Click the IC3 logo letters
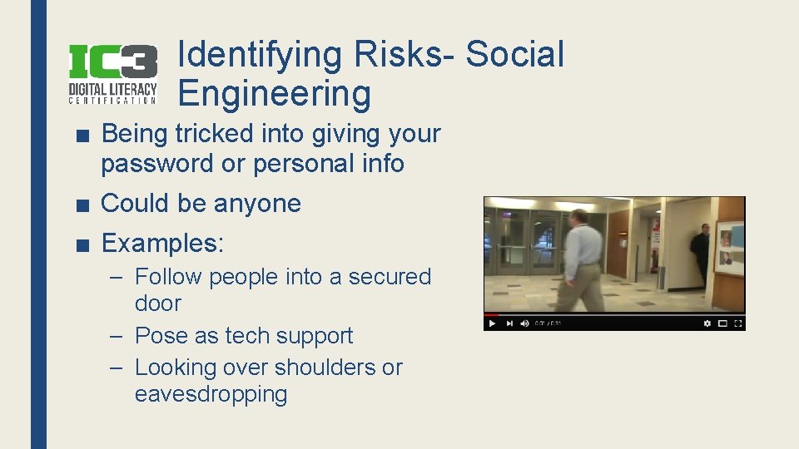coord(112,62)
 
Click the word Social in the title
coord(514,55)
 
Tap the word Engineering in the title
coord(274,93)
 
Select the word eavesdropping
coord(211,393)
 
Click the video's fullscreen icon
coord(737,323)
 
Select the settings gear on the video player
coord(707,323)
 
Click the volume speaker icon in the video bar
coord(524,323)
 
